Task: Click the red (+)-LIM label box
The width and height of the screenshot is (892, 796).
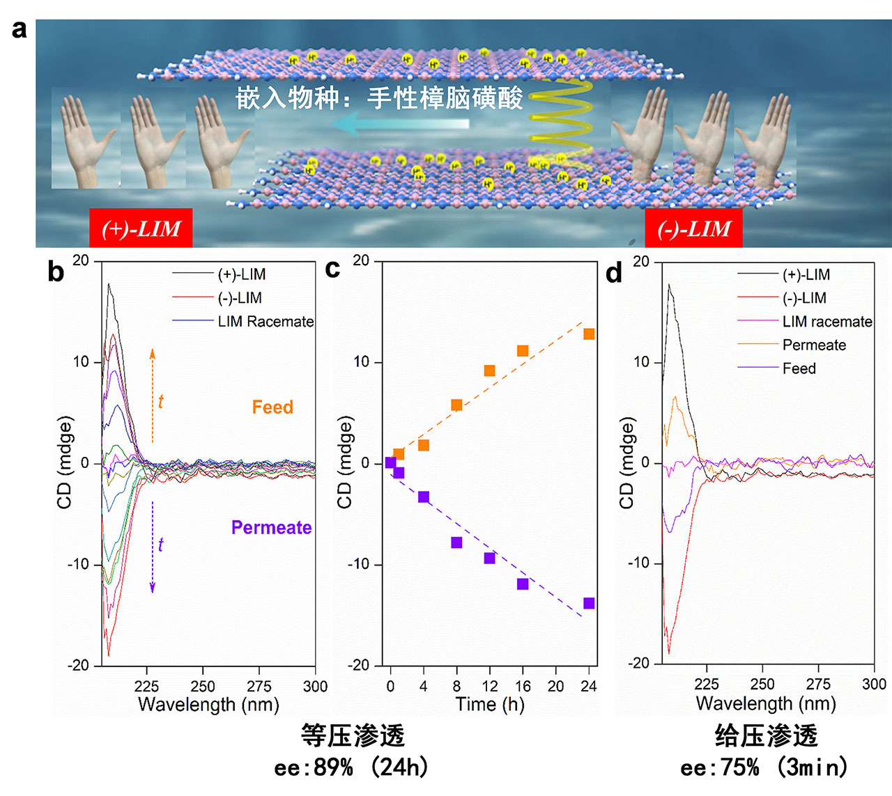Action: point(141,228)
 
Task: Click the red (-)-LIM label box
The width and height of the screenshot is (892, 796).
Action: point(693,228)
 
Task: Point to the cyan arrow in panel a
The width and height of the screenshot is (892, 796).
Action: point(401,125)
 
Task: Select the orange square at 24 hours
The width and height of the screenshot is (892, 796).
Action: point(589,334)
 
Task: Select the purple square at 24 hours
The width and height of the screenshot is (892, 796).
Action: point(589,603)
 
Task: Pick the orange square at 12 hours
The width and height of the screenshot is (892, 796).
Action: point(489,370)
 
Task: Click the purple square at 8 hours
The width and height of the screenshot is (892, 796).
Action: point(456,543)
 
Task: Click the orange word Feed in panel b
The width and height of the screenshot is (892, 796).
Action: point(272,407)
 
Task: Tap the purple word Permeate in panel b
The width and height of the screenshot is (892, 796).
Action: point(271,528)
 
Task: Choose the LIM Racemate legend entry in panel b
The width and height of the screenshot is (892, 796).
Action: point(265,322)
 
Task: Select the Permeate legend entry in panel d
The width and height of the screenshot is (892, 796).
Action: point(813,345)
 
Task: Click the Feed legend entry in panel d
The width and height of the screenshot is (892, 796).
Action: point(799,368)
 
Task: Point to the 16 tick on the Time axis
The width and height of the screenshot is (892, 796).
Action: point(523,687)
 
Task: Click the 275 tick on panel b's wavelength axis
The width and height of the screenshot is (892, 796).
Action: point(259,687)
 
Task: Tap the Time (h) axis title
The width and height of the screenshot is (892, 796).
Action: point(489,705)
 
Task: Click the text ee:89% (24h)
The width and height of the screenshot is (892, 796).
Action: point(352,767)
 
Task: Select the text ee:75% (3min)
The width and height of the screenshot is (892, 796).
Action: point(764,767)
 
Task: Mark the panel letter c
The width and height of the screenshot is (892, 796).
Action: point(333,269)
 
